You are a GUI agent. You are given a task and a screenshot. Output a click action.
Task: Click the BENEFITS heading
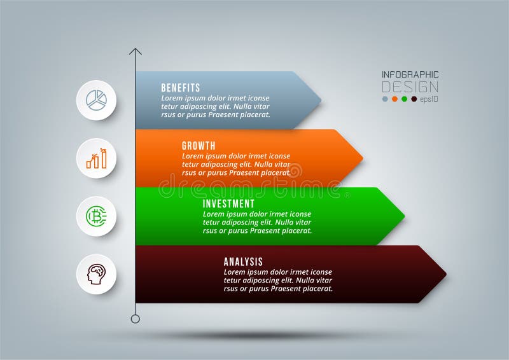[x=181, y=88]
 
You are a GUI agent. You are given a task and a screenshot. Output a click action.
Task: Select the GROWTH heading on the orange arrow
[x=199, y=146]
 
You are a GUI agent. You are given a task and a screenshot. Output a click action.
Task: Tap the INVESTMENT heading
[x=228, y=204]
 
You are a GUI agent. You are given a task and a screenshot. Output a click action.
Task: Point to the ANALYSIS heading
[x=243, y=261]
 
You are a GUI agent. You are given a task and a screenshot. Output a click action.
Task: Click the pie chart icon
[x=97, y=100]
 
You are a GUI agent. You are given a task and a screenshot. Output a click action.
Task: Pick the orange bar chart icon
[x=97, y=158]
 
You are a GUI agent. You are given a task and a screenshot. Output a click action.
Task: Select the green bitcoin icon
[x=97, y=216]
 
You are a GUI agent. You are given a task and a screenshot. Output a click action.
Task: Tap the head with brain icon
[x=97, y=274]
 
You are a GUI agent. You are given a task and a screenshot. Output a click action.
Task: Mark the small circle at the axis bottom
[x=136, y=319]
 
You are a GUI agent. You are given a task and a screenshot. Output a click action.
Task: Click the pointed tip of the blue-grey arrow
[x=321, y=100]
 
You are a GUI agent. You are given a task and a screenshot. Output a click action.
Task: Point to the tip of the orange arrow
[x=363, y=158]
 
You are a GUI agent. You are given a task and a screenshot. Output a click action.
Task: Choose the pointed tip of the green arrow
[x=405, y=216]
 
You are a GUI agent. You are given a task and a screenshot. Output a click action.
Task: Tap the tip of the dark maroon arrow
[x=447, y=274]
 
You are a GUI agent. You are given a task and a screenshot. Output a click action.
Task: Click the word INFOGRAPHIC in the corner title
[x=410, y=74]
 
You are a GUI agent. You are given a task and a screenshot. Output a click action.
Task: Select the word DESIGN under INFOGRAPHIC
[x=410, y=87]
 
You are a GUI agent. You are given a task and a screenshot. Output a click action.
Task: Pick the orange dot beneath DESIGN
[x=394, y=99]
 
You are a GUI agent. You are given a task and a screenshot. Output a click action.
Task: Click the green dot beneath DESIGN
[x=404, y=99]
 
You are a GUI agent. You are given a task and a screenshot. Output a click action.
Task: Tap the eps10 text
[x=429, y=99]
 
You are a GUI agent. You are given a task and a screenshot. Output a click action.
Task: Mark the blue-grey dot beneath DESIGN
[x=385, y=99]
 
